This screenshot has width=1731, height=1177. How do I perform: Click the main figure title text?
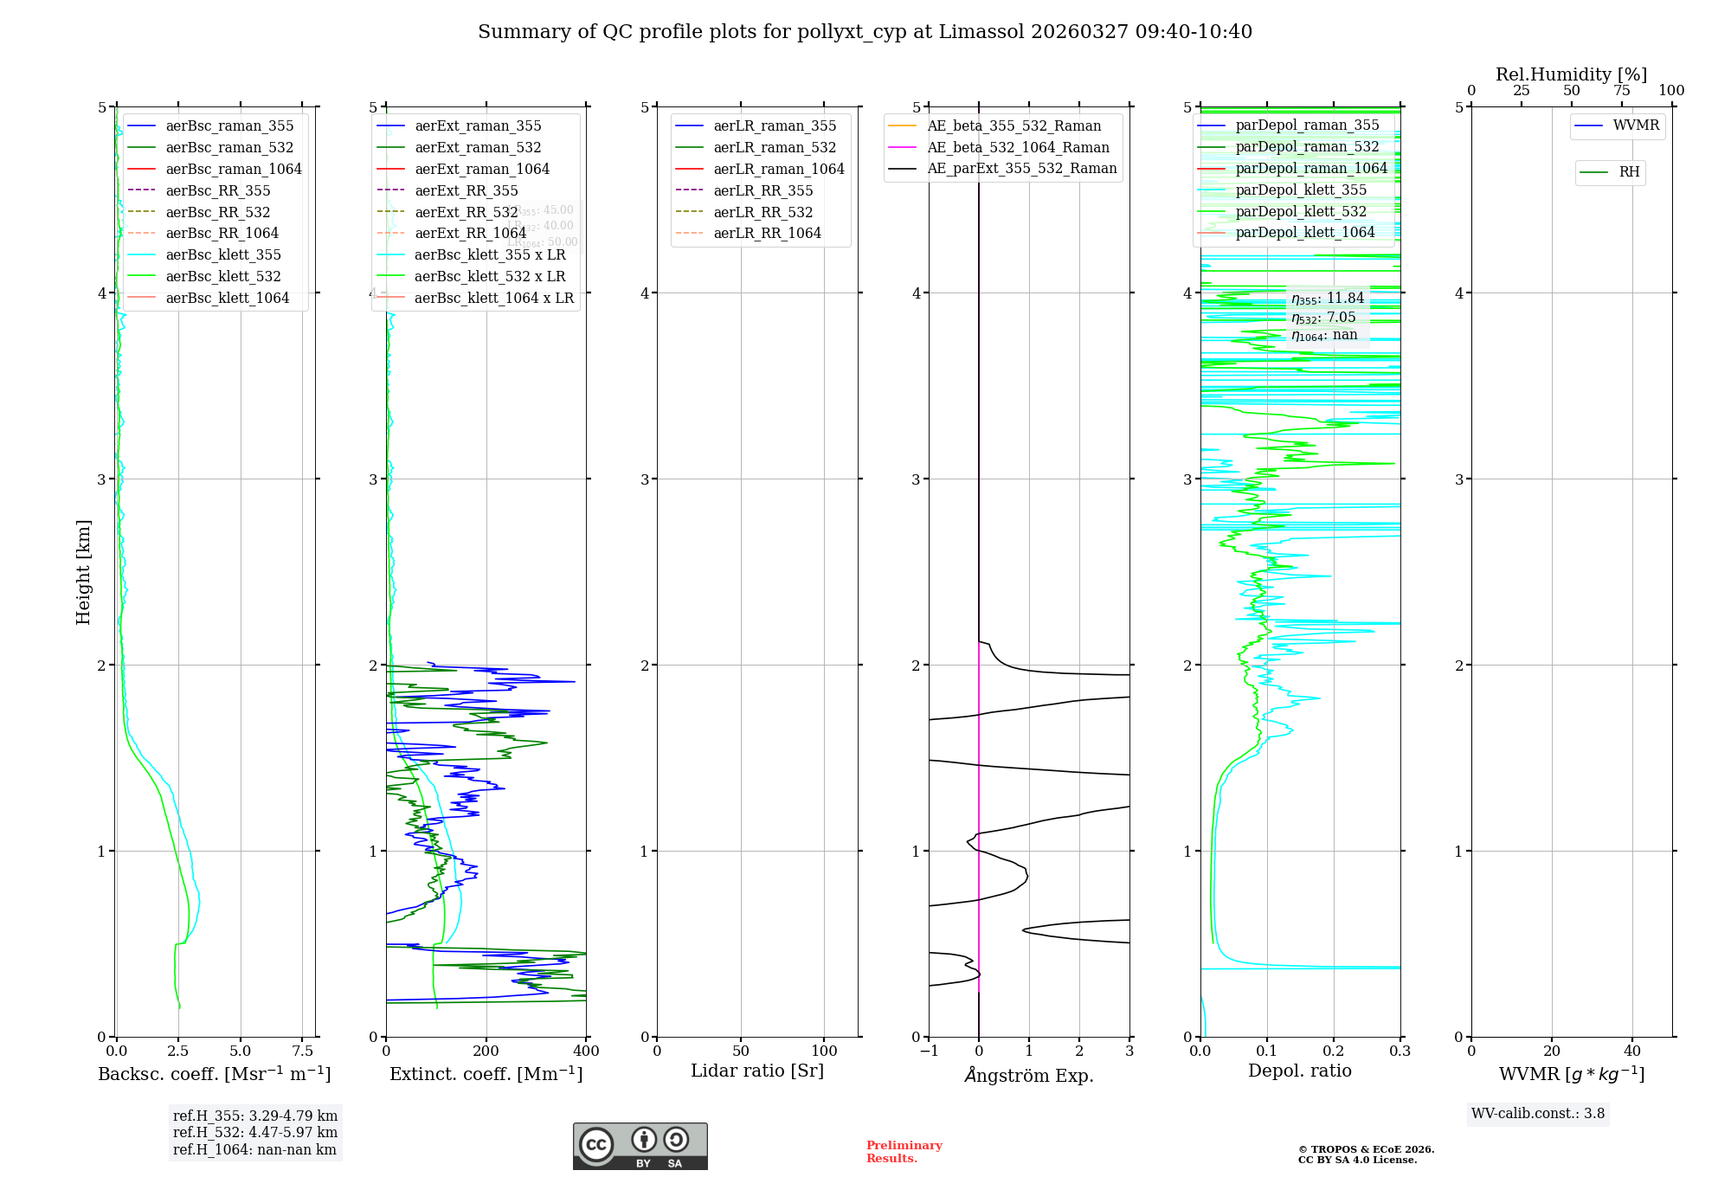click(865, 32)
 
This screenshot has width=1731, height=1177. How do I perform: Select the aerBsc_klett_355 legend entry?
click(223, 254)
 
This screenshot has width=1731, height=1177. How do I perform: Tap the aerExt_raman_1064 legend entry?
click(482, 169)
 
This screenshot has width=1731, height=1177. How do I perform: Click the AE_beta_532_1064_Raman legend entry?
click(1018, 147)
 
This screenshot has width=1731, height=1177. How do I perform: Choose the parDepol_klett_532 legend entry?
click(1301, 211)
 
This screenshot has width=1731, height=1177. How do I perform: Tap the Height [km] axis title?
click(83, 571)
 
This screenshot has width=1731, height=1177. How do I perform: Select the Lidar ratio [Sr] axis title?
click(757, 1071)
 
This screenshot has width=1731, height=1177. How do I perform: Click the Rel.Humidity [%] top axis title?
click(1571, 74)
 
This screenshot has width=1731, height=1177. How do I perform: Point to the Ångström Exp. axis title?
click(1029, 1075)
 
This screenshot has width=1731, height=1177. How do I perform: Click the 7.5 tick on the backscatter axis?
click(302, 1052)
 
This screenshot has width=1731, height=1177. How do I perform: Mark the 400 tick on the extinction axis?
click(586, 1052)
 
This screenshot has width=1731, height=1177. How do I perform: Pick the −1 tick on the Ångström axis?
click(929, 1052)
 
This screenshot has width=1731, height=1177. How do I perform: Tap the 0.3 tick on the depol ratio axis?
click(1400, 1052)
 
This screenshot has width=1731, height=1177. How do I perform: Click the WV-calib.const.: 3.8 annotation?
click(1538, 1114)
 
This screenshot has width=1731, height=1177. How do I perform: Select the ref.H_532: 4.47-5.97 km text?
click(255, 1132)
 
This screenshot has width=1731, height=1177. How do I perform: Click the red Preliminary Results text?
click(904, 1152)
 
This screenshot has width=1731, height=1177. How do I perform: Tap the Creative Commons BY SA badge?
click(640, 1147)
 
